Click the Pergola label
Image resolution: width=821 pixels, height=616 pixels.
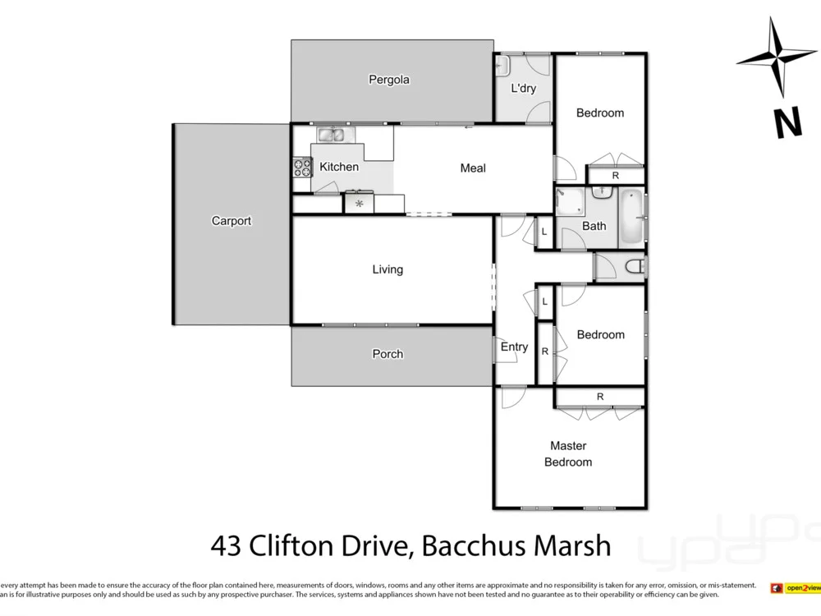point(388,80)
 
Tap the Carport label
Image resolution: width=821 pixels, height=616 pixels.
point(232,221)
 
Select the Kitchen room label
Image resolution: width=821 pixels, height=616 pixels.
point(339,167)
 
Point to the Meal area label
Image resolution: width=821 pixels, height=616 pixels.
point(473,168)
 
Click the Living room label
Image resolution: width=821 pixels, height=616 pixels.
point(388,269)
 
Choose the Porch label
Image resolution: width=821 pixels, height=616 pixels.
point(388,354)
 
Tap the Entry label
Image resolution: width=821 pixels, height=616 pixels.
point(514,347)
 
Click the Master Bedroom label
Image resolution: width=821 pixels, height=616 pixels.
point(568,453)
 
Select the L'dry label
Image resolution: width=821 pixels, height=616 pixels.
point(523,88)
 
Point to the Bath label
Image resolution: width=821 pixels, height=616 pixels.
point(594,226)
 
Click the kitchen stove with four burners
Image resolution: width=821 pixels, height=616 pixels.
point(302,168)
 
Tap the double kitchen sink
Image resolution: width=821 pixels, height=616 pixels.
point(333,135)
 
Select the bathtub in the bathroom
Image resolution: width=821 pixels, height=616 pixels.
point(631,218)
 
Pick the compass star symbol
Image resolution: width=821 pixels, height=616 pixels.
point(777,57)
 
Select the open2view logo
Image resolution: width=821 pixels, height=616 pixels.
point(795,588)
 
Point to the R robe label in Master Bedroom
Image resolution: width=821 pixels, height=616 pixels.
point(600,397)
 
